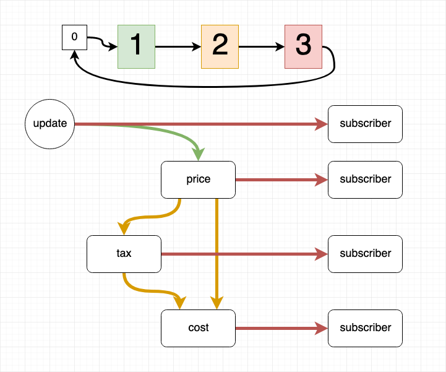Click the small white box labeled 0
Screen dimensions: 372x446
[74, 37]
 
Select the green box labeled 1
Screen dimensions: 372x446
[136, 46]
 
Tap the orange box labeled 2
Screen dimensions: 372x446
[220, 46]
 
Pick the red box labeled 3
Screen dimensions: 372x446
[303, 46]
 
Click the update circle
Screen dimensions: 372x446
[49, 124]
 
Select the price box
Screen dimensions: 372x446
[198, 180]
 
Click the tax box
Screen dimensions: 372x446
[124, 254]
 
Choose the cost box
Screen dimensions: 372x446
[198, 328]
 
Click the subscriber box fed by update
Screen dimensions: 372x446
[365, 124]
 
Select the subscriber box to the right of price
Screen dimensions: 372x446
[365, 180]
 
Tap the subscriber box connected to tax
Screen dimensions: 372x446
[365, 254]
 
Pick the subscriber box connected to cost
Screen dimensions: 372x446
[365, 328]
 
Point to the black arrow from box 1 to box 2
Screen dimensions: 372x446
[178, 46]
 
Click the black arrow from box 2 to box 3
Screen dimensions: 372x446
[261, 46]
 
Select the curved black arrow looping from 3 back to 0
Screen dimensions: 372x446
[204, 85]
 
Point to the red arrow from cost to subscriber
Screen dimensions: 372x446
[281, 328]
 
